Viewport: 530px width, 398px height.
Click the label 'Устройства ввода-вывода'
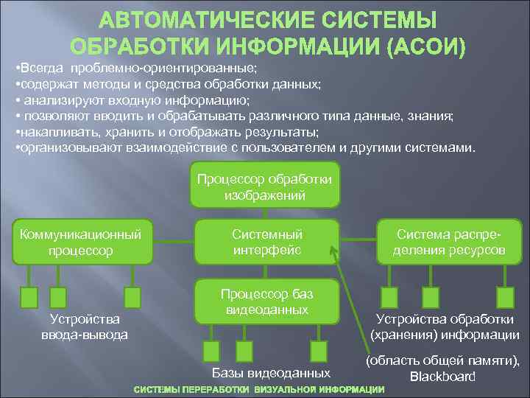[84, 327]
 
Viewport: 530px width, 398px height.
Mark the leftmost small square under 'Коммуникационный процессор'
[29, 297]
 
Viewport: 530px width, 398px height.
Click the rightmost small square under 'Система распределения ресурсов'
[504, 297]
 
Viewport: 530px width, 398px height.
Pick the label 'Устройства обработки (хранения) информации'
[445, 327]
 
